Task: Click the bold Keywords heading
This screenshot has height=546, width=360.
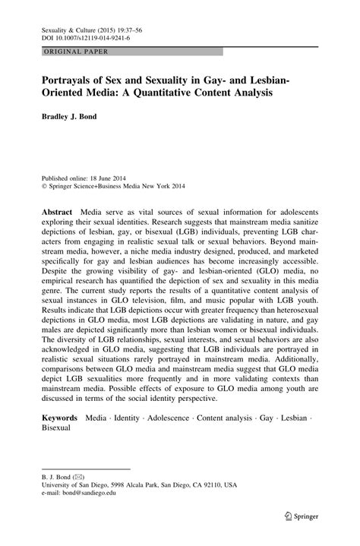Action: click(60, 418)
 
